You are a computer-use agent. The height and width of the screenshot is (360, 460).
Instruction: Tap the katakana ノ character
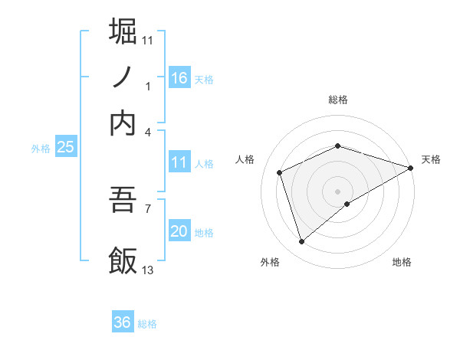click(123, 77)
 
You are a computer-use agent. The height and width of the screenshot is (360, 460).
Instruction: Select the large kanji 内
click(123, 123)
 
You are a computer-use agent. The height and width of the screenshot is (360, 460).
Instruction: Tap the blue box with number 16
click(179, 77)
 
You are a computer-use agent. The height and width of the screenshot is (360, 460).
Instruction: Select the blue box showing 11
click(179, 162)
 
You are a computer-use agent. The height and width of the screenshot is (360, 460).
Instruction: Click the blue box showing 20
click(179, 231)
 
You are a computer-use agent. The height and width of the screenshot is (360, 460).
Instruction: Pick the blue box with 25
click(65, 148)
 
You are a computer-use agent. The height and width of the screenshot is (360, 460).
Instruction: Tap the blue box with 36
click(123, 322)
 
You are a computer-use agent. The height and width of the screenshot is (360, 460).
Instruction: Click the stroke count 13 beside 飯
click(148, 270)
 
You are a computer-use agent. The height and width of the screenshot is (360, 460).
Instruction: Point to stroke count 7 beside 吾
click(148, 208)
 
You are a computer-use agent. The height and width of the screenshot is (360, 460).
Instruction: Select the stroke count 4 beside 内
click(148, 132)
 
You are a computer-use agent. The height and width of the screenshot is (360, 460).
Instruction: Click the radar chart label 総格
click(338, 100)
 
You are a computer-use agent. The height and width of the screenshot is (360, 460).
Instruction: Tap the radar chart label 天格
click(431, 159)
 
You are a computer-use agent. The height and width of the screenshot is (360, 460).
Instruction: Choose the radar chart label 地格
click(402, 262)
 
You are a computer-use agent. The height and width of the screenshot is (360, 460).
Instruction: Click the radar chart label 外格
click(270, 262)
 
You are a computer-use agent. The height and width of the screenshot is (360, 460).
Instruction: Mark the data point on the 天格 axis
click(411, 168)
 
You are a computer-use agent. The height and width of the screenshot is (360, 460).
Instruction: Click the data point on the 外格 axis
click(301, 242)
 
